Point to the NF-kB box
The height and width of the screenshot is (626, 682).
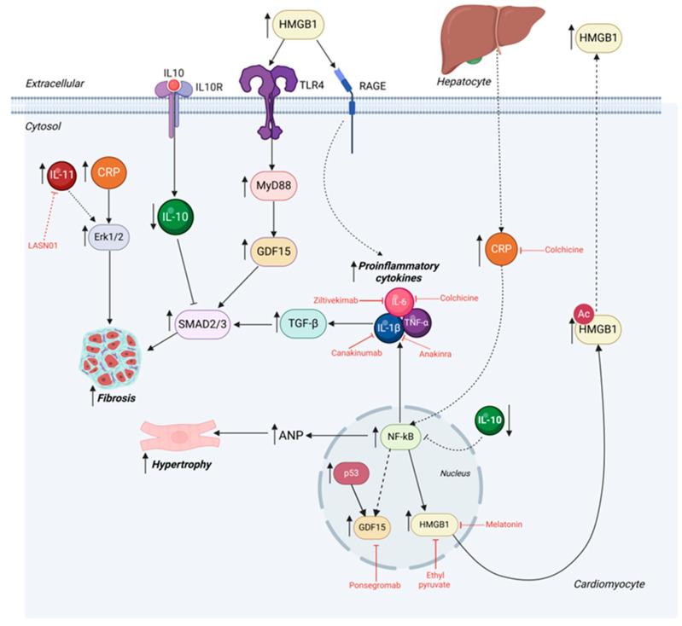(x=400, y=438)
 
